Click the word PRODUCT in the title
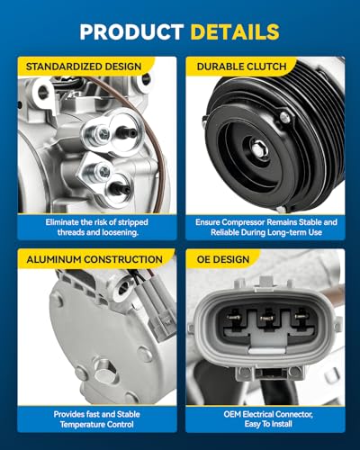pos(131,31)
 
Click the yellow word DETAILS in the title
pos(235,31)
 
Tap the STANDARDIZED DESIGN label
pos(84,67)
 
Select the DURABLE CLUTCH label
pos(242,67)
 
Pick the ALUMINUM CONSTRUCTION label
pos(94,259)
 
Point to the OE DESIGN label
pos(223,259)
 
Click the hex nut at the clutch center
pos(258,148)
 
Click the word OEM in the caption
pos(232,414)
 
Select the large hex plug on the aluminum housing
pos(103,371)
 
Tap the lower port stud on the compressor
pos(121,189)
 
